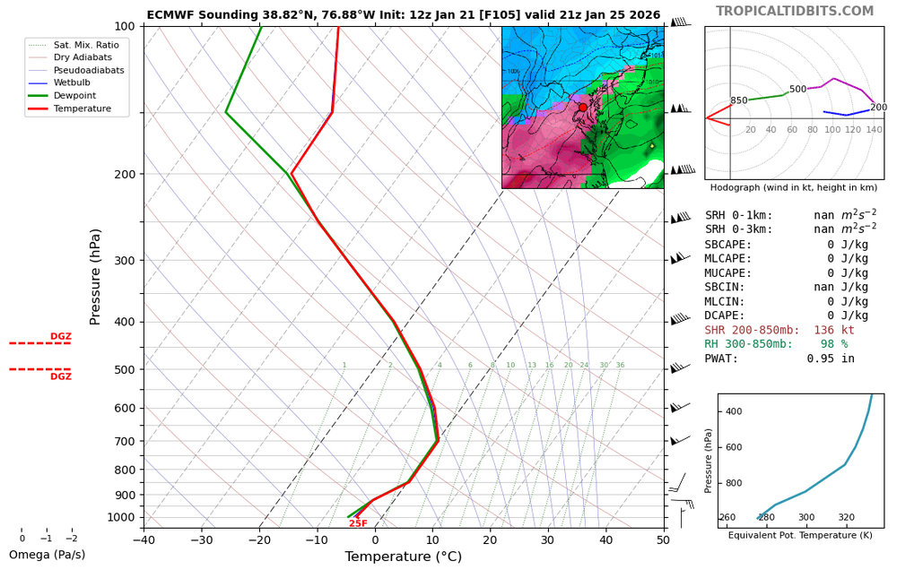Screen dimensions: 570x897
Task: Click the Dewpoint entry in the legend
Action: click(74, 96)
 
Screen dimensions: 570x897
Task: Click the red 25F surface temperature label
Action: click(358, 523)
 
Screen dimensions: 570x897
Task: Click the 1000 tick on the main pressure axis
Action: click(120, 517)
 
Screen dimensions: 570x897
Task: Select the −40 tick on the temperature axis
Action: click(144, 540)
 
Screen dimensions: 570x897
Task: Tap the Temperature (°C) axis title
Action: click(403, 557)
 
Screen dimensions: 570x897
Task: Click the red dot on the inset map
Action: click(582, 107)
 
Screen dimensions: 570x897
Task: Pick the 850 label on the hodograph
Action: click(738, 101)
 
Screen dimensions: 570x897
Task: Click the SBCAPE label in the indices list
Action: click(728, 244)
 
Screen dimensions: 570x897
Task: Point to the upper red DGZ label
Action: click(60, 337)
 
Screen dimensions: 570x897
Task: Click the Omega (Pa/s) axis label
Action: click(48, 555)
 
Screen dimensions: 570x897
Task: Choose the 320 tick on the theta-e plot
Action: click(846, 518)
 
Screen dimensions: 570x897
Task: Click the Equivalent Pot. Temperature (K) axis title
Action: click(799, 535)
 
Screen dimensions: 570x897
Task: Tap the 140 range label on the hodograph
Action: click(874, 130)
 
